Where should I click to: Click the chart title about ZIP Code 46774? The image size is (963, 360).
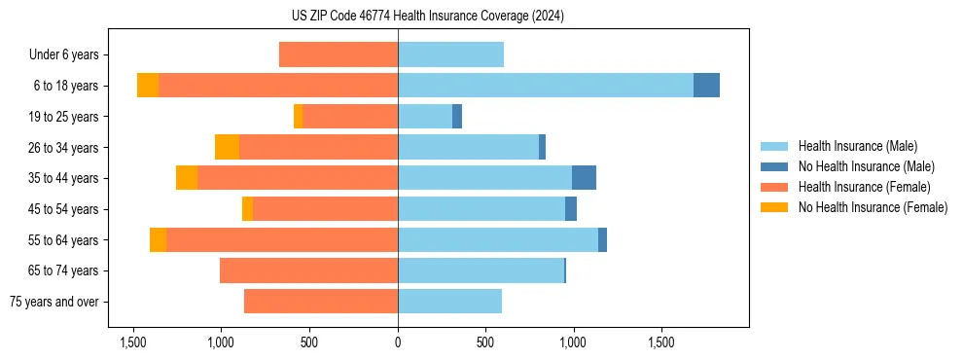[x=428, y=16]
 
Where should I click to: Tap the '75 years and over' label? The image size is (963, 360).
[x=54, y=302]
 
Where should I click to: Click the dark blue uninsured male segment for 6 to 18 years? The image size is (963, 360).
[x=706, y=86]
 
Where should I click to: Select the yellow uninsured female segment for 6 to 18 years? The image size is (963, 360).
[x=148, y=86]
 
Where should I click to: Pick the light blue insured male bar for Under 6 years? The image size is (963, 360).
[x=450, y=55]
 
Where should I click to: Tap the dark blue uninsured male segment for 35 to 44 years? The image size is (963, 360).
[x=584, y=178]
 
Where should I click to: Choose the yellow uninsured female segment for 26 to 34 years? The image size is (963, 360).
[x=227, y=147]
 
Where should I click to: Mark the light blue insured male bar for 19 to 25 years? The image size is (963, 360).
[x=425, y=117]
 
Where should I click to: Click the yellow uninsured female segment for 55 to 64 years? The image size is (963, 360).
[x=158, y=239]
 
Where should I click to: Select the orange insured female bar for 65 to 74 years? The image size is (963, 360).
[x=308, y=270]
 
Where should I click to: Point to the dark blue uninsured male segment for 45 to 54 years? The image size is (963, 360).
[x=571, y=209]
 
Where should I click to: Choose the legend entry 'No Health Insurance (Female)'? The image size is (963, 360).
[x=873, y=207]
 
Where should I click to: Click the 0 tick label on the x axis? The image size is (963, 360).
[x=398, y=342]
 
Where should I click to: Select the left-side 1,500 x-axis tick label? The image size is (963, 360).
[x=133, y=342]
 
